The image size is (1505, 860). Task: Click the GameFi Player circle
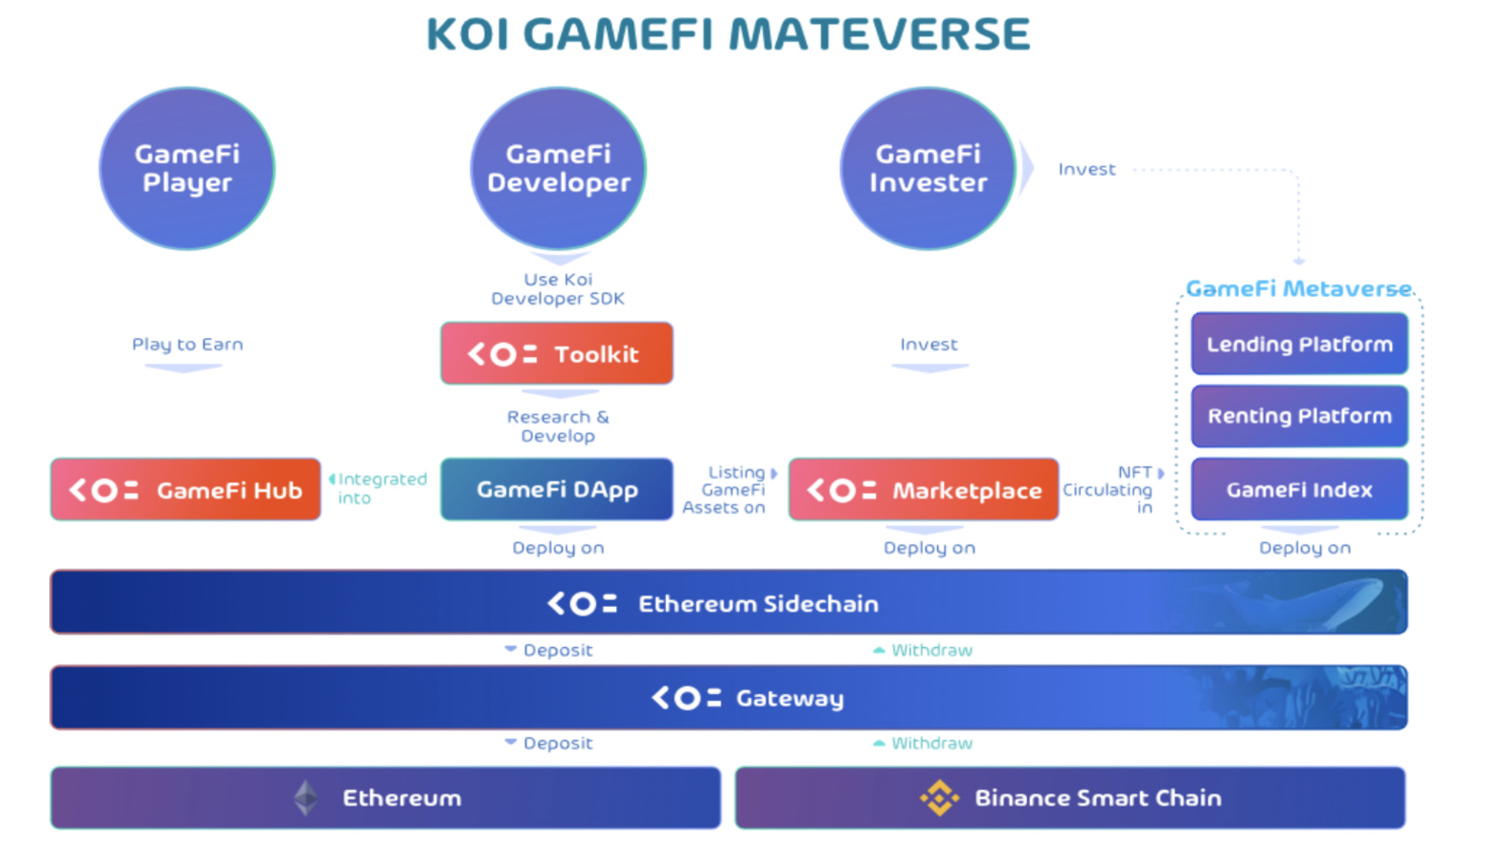[187, 168]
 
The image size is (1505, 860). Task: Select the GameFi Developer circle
[558, 168]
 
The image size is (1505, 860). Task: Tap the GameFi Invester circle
[928, 168]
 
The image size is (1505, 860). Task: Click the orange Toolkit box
[557, 353]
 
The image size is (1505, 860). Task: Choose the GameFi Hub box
[185, 490]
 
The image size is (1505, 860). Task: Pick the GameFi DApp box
[557, 490]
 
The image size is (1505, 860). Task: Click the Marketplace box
[924, 490]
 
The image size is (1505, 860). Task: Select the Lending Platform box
[1300, 344]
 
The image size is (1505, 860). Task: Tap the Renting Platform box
[1300, 416]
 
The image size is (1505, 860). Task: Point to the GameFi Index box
[1300, 489]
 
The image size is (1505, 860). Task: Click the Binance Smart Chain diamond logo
[939, 798]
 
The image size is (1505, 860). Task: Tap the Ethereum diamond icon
[306, 798]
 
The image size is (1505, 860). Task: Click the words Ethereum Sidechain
[758, 603]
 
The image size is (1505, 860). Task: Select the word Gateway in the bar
[790, 699]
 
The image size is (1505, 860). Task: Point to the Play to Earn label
[188, 344]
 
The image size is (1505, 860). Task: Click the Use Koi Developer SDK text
[558, 289]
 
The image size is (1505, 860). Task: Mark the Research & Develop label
[558, 426]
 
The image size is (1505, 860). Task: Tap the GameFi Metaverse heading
[1299, 288]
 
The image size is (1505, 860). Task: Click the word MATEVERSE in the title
[879, 34]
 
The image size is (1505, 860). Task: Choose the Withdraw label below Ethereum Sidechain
[932, 650]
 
